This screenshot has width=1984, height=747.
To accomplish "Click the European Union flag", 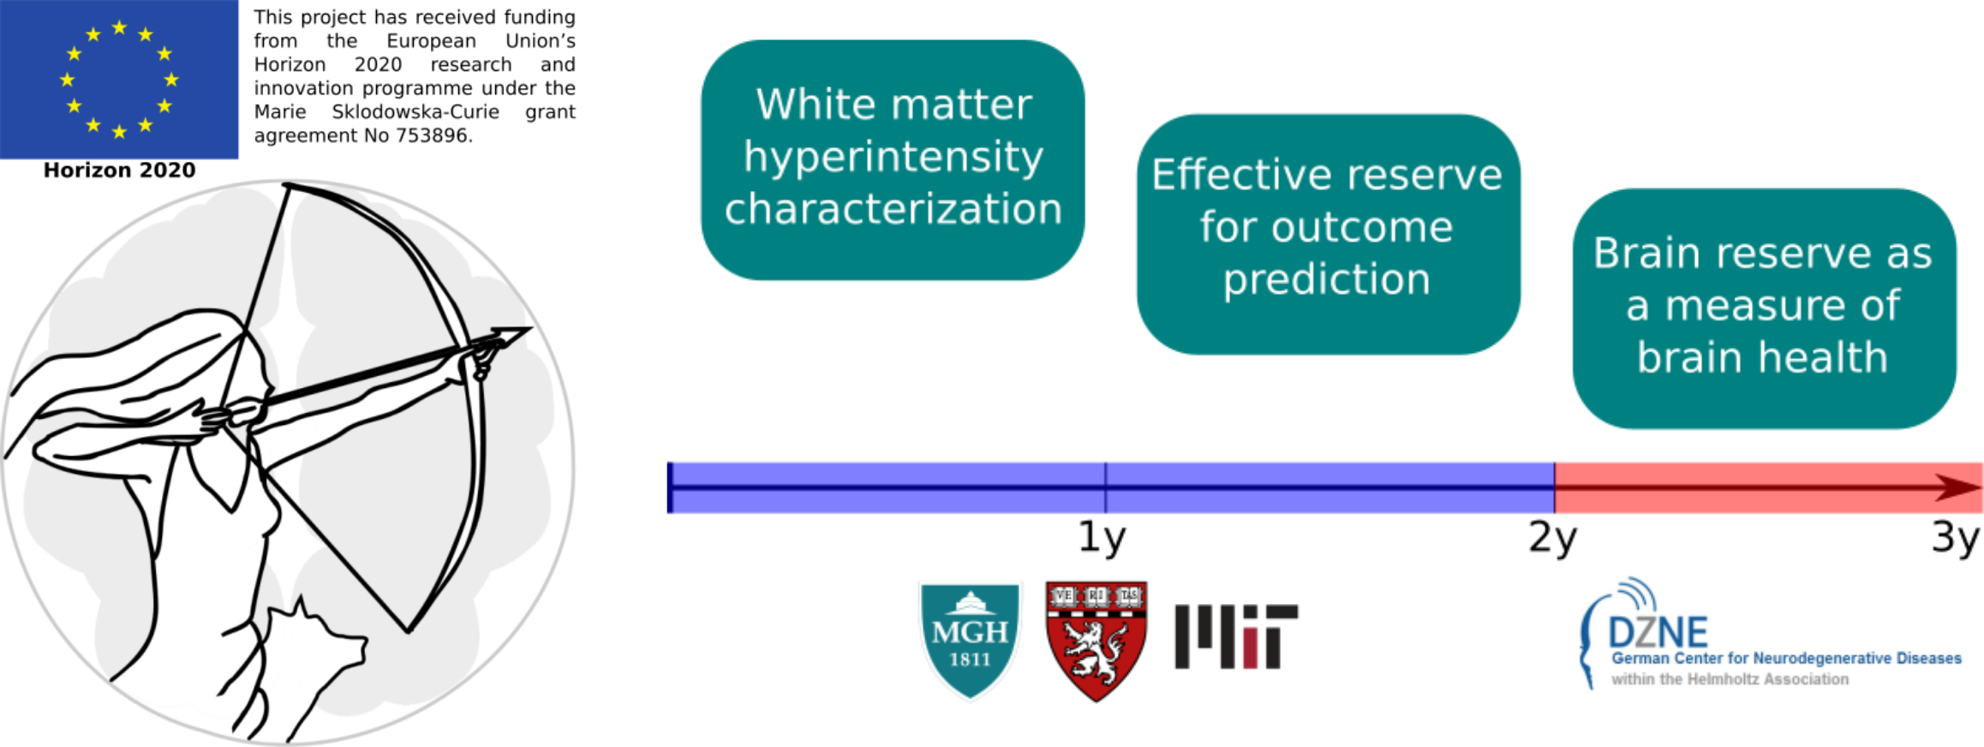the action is (x=119, y=79).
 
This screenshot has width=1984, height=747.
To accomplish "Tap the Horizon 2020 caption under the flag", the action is (x=119, y=170).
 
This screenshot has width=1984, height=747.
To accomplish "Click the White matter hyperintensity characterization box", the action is (x=893, y=159).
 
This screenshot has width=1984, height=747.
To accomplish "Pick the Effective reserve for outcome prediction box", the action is (x=1328, y=234).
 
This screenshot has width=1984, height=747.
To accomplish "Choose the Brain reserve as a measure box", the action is (x=1764, y=308).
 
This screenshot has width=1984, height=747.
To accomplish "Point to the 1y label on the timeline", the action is (x=1102, y=539).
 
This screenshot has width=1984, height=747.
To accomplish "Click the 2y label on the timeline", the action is (x=1552, y=539).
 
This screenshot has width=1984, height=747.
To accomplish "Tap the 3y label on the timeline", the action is (x=1956, y=539).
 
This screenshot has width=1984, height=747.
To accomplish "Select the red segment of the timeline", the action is (x=1769, y=487).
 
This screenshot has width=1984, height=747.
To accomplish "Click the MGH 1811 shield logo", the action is (x=970, y=640).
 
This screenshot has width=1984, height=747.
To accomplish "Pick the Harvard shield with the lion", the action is (x=1097, y=641).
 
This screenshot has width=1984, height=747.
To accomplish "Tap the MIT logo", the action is (x=1236, y=636).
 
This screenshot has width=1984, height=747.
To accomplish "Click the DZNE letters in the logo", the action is (x=1658, y=633).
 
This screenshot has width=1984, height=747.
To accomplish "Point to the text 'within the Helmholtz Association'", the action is (x=1730, y=679).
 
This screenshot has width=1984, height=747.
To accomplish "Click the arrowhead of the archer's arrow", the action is (x=511, y=337).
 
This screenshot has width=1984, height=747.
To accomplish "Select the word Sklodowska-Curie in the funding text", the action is (x=415, y=111).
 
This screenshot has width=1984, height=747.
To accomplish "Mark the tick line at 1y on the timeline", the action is (x=1105, y=487).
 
